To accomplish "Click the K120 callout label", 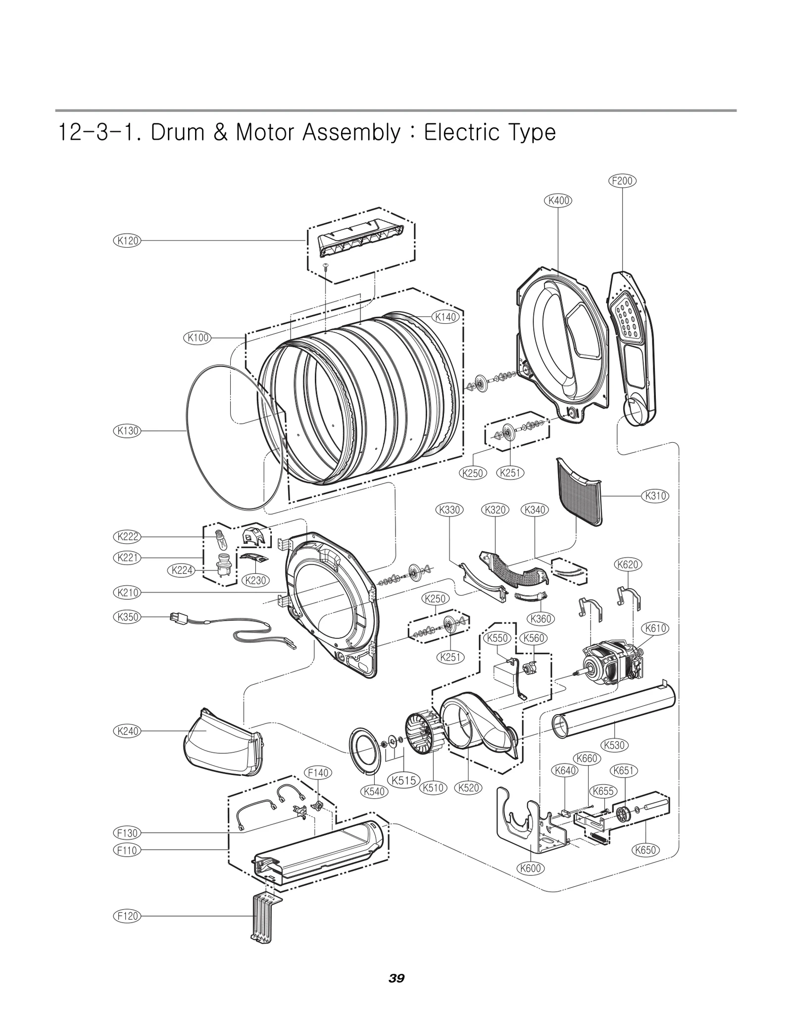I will [127, 241].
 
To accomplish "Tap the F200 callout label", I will [622, 181].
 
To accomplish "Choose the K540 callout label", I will [374, 791].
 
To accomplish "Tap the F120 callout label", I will [127, 916].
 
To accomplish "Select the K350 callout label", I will [127, 617].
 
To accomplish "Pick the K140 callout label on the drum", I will [445, 317].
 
